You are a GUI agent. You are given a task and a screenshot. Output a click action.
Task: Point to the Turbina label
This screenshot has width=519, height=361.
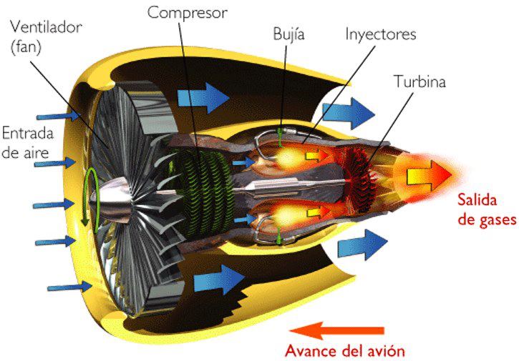pyautogui.click(x=419, y=81)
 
